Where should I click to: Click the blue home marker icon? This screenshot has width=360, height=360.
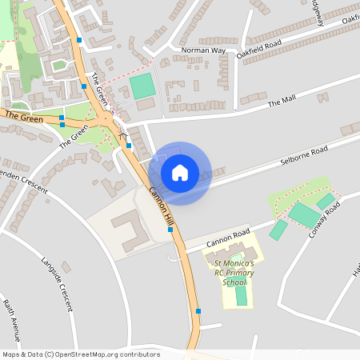tap(180, 172)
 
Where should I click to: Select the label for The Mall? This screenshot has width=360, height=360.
tap(282, 102)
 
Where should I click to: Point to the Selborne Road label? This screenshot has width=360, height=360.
tap(304, 155)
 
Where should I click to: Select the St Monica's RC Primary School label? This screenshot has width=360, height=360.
tap(234, 272)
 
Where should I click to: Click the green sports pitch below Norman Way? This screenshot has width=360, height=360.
tap(142, 86)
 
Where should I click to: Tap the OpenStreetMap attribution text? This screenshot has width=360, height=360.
tap(80, 354)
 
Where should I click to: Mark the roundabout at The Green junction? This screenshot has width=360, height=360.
tap(106, 120)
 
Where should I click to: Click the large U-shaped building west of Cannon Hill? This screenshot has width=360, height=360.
tap(128, 229)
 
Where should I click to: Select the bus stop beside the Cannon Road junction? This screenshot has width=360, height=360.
tap(170, 230)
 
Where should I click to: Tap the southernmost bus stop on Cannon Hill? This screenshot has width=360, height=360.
tap(198, 310)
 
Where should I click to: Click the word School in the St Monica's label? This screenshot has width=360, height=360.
tap(235, 282)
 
